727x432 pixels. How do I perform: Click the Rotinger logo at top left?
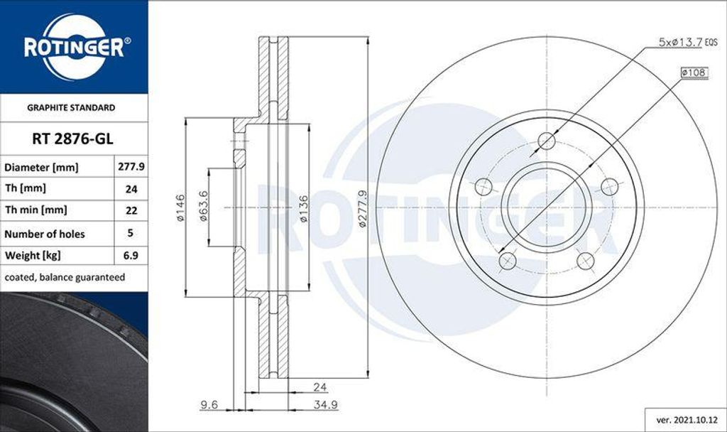pyautogui.click(x=74, y=47)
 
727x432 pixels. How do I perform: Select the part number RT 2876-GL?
pyautogui.click(x=74, y=139)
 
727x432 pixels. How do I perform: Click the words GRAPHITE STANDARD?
pyautogui.click(x=71, y=108)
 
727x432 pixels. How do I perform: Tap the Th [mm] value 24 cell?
pyautogui.click(x=131, y=189)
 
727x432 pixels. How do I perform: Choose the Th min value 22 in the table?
pyautogui.click(x=131, y=211)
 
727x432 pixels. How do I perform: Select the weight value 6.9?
pyautogui.click(x=131, y=255)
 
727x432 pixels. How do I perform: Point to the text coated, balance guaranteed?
pyautogui.click(x=65, y=277)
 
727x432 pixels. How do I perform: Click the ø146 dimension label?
pyautogui.click(x=180, y=207)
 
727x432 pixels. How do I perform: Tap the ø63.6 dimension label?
pyautogui.click(x=203, y=207)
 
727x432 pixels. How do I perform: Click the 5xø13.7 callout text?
pyautogui.click(x=679, y=43)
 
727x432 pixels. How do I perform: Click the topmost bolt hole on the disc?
pyautogui.click(x=546, y=141)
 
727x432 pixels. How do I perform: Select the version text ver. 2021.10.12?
pyautogui.click(x=684, y=420)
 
